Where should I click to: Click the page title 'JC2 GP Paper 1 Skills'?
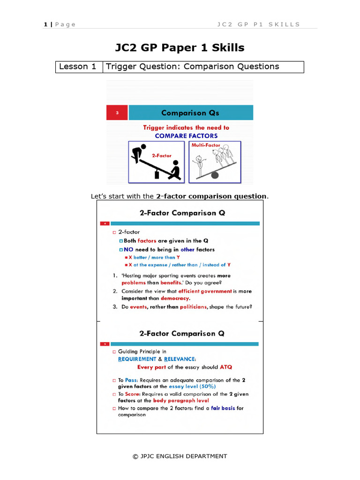tap(180, 48)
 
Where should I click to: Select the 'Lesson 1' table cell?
tap(78, 67)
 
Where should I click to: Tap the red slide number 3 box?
tap(117, 113)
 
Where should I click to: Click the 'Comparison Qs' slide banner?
tap(190, 113)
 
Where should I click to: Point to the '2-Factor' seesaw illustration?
tap(157, 162)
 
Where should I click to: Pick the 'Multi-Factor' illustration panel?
tap(215, 162)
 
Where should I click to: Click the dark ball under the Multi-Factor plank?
tap(215, 175)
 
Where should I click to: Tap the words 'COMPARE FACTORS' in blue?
tap(186, 136)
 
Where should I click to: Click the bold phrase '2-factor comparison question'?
tap(211, 196)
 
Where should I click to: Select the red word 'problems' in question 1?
tap(134, 283)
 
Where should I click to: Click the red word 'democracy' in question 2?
tap(175, 298)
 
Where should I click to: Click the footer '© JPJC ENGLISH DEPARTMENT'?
tap(180, 456)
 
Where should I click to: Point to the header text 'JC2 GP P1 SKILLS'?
tap(258, 24)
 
